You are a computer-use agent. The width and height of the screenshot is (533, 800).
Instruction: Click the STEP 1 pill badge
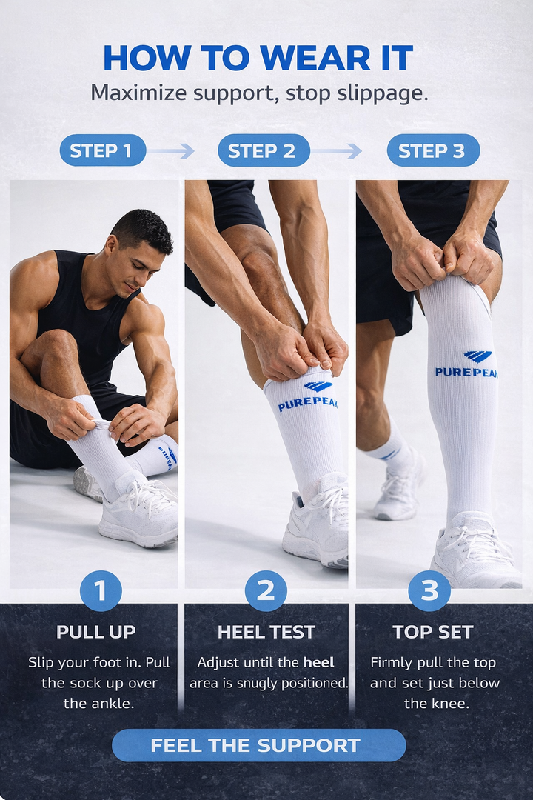[102, 150]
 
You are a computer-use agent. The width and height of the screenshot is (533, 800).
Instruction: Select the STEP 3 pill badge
[432, 150]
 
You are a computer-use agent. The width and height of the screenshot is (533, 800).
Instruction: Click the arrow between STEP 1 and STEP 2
[171, 151]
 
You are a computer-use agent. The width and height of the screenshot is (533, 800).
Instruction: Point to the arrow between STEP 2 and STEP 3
[337, 151]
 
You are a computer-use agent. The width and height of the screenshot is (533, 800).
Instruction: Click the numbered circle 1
[101, 590]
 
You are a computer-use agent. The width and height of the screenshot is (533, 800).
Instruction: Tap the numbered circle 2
[266, 590]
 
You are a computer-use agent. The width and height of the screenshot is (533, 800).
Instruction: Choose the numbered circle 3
[429, 590]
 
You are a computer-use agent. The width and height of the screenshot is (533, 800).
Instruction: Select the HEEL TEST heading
[266, 632]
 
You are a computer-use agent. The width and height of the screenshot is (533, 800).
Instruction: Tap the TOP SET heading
[432, 632]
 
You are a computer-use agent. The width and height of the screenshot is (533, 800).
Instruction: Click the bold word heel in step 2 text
[318, 662]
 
